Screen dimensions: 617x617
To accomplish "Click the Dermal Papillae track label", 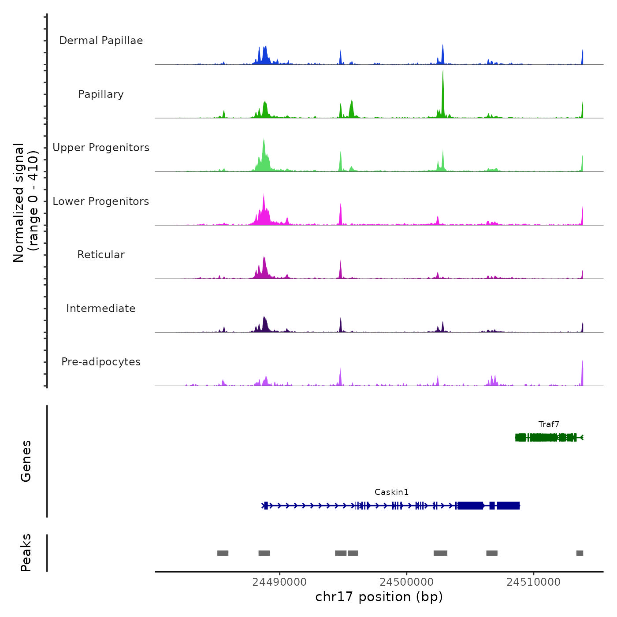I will pos(101,41).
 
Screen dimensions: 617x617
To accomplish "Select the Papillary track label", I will pos(101,94).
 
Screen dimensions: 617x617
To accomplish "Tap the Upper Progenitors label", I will pos(101,148).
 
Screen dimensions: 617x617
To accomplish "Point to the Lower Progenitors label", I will pos(101,201).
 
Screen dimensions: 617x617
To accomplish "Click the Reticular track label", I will pos(101,255).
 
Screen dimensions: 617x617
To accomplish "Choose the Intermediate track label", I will pos(101,308).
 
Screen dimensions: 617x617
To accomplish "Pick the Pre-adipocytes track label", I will pos(101,362).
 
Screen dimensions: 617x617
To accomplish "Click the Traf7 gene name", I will pos(549,424).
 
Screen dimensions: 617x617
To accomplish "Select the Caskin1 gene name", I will pos(391,492).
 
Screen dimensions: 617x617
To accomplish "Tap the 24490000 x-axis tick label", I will pos(279,582).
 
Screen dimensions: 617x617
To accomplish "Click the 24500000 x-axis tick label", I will pos(406,582).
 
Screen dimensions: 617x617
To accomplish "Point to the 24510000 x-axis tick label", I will pos(533,582).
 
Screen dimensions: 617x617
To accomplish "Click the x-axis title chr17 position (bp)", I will pos(379,597).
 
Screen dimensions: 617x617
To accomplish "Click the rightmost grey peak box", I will pos(580,553).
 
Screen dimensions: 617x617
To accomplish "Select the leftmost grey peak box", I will pos(223,553).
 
